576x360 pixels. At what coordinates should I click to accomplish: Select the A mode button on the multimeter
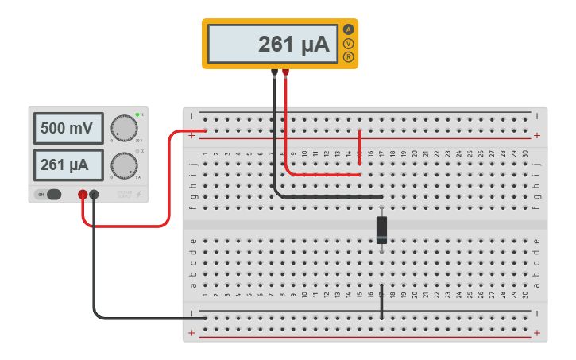[348, 29]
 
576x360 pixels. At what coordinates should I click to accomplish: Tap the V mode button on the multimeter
[348, 43]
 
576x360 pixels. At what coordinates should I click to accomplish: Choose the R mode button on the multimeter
[348, 56]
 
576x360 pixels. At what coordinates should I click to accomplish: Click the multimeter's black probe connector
[275, 73]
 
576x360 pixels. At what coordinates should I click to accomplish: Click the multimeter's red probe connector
[285, 73]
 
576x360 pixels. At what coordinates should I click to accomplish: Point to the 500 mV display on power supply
[68, 128]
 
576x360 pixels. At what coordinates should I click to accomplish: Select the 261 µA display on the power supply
[68, 165]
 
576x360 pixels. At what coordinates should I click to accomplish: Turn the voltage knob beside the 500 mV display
[123, 127]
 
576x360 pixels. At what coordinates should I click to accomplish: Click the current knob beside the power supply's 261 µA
[123, 165]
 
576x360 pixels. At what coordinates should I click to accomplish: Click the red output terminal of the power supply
[82, 194]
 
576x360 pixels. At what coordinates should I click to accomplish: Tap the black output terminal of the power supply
[94, 194]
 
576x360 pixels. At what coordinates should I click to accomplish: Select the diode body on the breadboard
[382, 229]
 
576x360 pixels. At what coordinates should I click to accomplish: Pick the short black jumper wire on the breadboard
[382, 302]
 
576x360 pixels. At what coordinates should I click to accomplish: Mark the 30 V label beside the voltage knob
[140, 140]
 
